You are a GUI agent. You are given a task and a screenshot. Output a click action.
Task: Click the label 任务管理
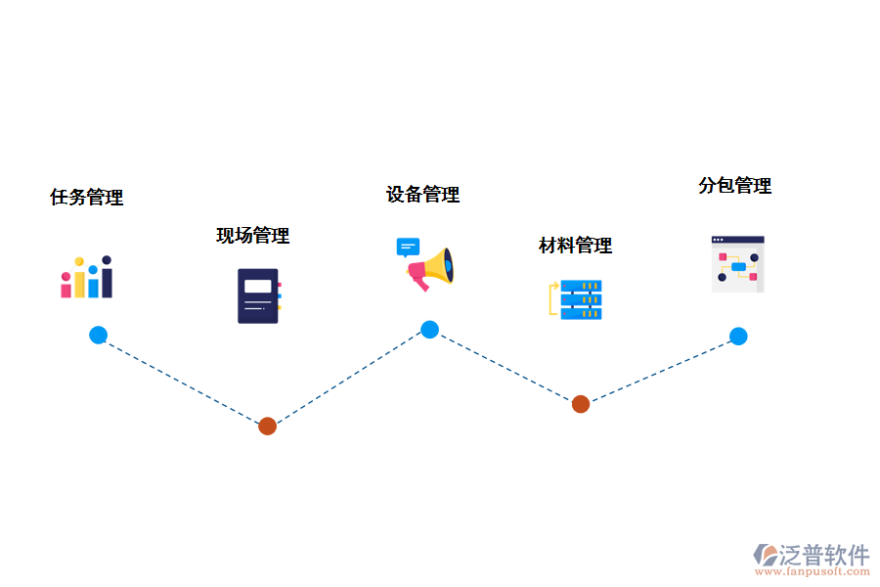[87, 198]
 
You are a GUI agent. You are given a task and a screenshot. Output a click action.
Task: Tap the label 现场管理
[253, 236]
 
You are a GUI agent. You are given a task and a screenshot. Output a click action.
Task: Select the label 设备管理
[422, 195]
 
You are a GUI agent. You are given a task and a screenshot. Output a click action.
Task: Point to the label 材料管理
[575, 246]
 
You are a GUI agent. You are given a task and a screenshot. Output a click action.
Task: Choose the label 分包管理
[734, 186]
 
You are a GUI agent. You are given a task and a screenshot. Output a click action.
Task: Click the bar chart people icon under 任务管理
[87, 278]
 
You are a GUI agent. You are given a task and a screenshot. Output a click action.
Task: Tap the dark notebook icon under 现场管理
[258, 295]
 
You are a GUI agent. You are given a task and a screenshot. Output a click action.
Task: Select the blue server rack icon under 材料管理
[582, 299]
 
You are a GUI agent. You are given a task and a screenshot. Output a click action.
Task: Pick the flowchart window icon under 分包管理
[737, 264]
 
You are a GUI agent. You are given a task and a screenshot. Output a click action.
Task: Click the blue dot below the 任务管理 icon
[98, 336]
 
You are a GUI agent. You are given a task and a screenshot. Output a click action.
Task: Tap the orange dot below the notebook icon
[267, 426]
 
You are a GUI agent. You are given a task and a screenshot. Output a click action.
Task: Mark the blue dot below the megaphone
[429, 330]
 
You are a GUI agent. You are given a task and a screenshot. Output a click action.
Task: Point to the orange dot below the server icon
[581, 404]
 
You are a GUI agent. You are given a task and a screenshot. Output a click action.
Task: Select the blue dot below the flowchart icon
[738, 337]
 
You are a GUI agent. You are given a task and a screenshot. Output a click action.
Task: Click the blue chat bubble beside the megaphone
[408, 247]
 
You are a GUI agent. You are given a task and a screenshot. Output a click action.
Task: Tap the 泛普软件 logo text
[823, 555]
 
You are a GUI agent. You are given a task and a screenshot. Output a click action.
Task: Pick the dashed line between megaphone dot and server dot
[505, 367]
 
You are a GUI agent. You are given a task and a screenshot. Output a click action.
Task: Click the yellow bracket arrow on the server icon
[553, 299]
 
